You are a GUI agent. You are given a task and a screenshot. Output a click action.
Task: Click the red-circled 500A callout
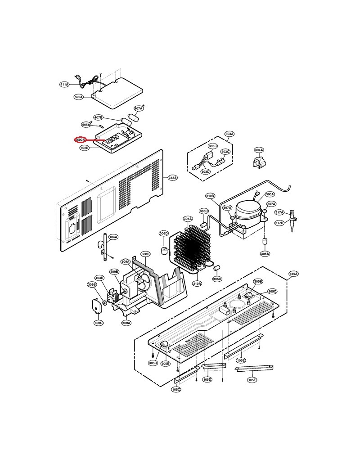81,140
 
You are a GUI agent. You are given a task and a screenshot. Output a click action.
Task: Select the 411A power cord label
64,84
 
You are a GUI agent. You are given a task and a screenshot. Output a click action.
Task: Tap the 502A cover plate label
78,97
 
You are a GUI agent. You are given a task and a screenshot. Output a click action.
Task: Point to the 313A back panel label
172,178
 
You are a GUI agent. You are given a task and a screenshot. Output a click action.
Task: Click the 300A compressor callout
270,194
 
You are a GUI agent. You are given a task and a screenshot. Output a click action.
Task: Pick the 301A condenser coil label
188,219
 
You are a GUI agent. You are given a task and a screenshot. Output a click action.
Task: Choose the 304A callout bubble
259,150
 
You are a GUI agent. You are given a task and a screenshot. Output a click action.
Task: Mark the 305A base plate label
293,274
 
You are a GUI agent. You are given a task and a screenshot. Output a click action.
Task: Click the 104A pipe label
113,237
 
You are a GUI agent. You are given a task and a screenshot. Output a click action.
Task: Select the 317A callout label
279,212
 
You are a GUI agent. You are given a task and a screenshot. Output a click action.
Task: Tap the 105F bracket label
252,380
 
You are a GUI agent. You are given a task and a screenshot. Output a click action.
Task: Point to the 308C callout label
99,323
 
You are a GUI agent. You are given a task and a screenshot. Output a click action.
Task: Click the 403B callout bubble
99,278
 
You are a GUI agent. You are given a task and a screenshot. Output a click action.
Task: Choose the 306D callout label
163,234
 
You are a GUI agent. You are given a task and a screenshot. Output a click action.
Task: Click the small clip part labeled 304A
259,163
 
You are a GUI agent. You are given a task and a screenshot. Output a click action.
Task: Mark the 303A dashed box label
229,134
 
